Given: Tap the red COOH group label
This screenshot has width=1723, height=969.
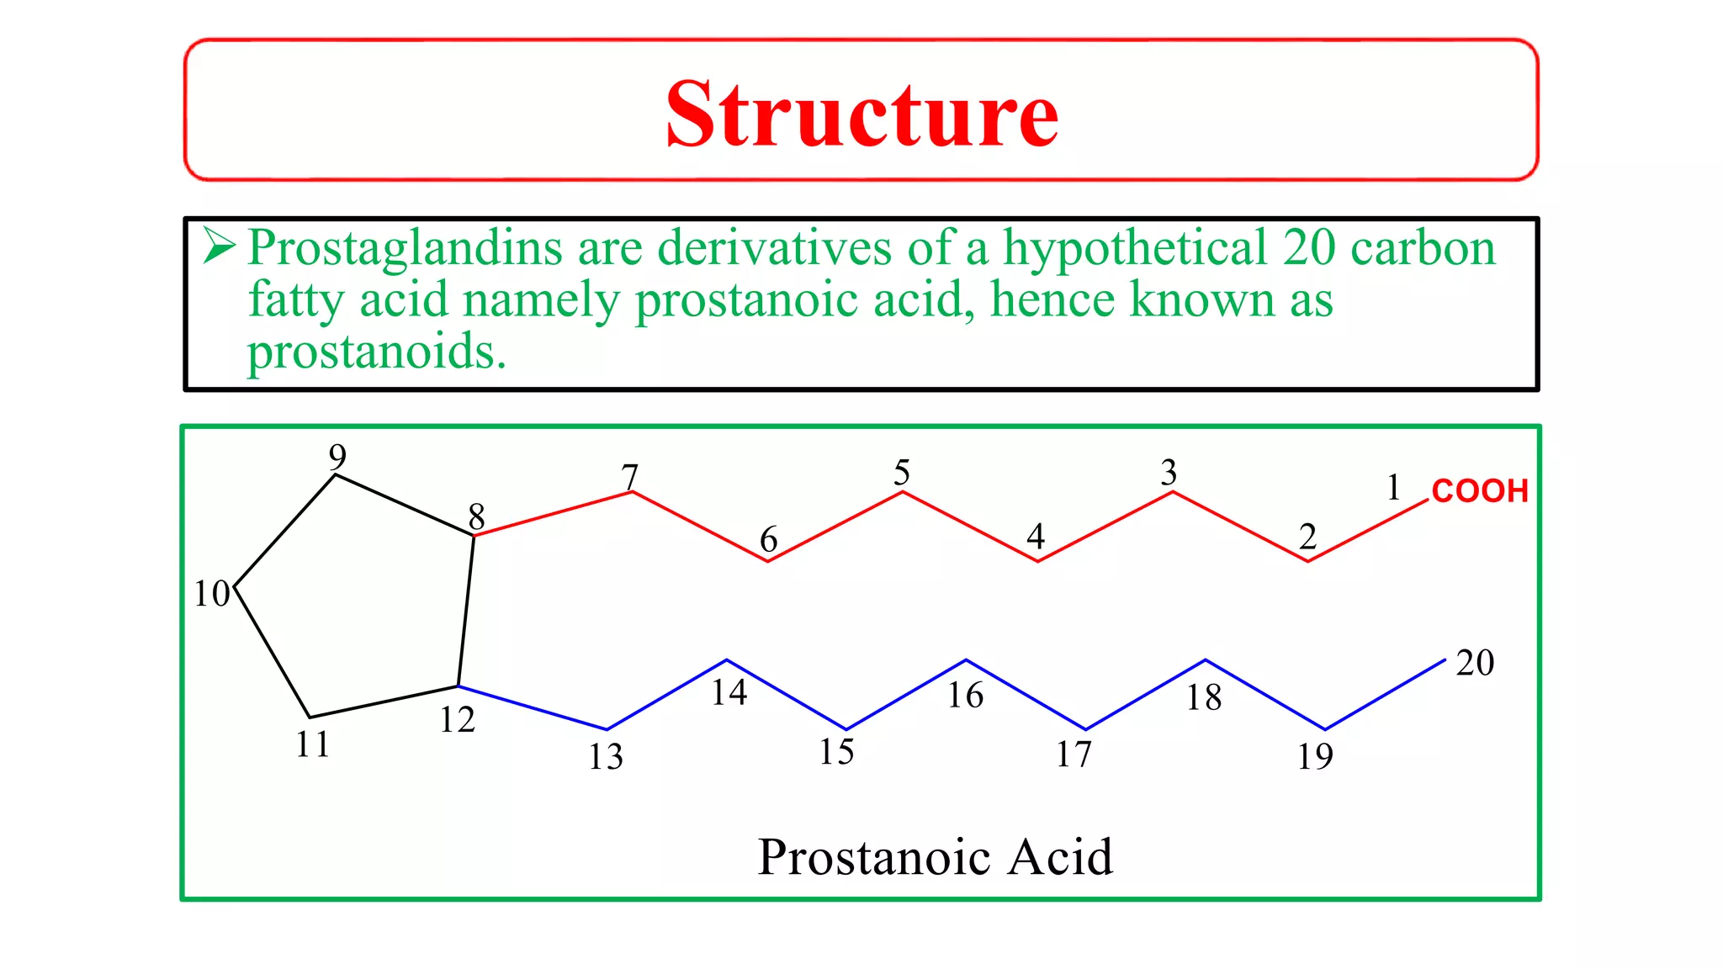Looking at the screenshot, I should [1479, 490].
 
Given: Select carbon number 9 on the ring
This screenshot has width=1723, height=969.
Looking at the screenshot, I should [337, 457].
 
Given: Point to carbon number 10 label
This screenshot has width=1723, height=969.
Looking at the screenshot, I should [211, 594].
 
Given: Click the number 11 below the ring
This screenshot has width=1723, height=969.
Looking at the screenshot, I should [313, 744].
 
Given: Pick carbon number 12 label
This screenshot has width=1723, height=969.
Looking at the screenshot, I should [457, 720].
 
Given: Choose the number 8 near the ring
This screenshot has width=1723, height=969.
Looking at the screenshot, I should [476, 516].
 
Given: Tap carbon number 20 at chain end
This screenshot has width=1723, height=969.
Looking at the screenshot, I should [1475, 663].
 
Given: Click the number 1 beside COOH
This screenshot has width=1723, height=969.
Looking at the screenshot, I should [1393, 487].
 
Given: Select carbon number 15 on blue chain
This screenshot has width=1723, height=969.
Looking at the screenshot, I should [836, 752].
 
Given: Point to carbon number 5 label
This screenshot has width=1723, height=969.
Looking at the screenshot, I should [902, 472].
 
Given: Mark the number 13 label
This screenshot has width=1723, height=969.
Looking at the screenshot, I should [606, 757].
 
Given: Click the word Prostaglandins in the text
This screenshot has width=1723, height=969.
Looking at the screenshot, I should [405, 248].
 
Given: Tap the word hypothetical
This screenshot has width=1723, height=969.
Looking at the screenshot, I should [1135, 248].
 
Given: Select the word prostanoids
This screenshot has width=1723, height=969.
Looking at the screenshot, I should [375, 352].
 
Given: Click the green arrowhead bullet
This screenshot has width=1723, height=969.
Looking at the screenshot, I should [218, 246].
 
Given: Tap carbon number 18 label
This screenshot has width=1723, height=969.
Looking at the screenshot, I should [1204, 697].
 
